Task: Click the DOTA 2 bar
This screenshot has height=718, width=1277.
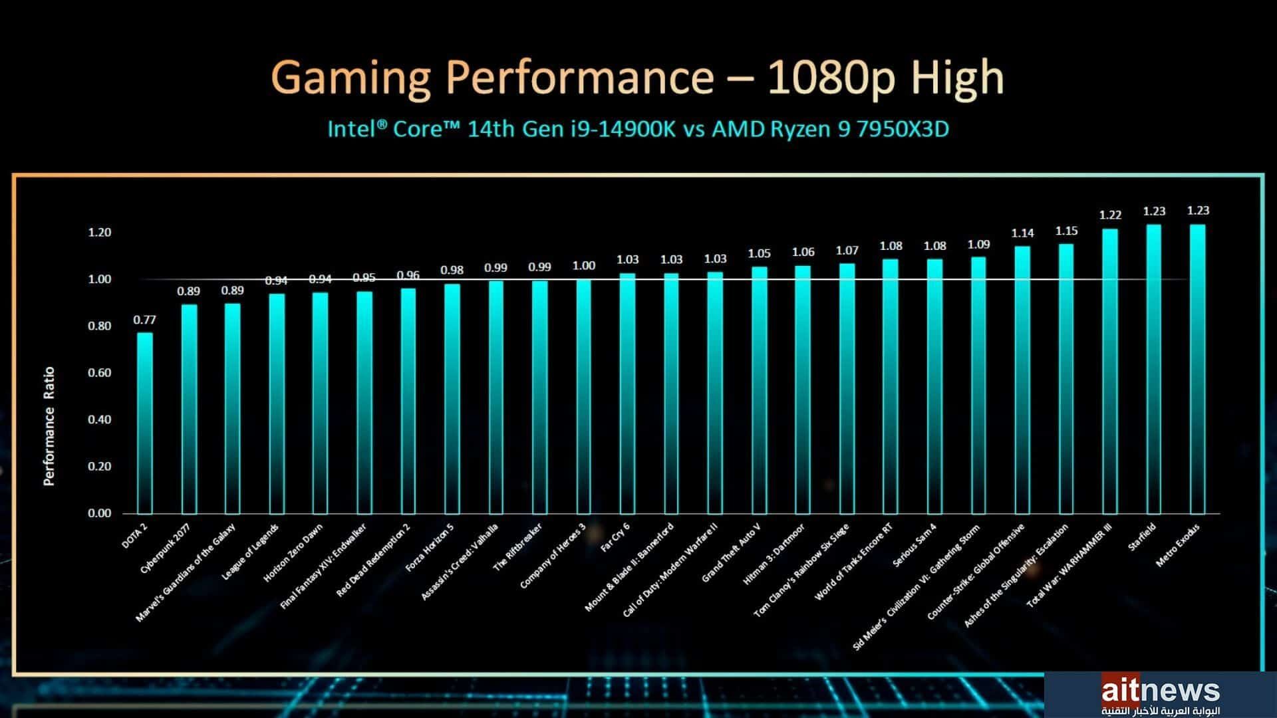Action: pyautogui.click(x=145, y=423)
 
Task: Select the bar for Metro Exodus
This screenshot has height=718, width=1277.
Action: pyautogui.click(x=1197, y=369)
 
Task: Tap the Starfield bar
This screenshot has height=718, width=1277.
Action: pyautogui.click(x=1153, y=369)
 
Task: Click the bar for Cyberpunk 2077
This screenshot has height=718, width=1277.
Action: pyautogui.click(x=189, y=409)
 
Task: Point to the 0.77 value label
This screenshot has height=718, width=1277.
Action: pyautogui.click(x=144, y=320)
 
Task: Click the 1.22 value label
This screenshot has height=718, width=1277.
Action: pyautogui.click(x=1110, y=215)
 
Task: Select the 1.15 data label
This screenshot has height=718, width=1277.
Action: pyautogui.click(x=1066, y=231)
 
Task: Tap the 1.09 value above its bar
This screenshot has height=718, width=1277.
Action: pyautogui.click(x=978, y=245)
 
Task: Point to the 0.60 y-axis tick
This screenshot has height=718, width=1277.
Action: pyautogui.click(x=100, y=373)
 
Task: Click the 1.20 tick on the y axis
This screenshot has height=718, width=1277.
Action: pyautogui.click(x=100, y=233)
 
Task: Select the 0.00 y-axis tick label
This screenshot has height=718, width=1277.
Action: pyautogui.click(x=100, y=513)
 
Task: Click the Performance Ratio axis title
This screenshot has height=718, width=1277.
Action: pyautogui.click(x=49, y=426)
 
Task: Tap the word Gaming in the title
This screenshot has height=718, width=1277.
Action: pyautogui.click(x=352, y=77)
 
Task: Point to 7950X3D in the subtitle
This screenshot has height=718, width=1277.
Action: pyautogui.click(x=903, y=128)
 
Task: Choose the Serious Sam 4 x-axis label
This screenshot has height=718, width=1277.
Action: pyautogui.click(x=915, y=545)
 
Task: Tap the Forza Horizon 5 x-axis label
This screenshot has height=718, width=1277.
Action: pyautogui.click(x=430, y=548)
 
